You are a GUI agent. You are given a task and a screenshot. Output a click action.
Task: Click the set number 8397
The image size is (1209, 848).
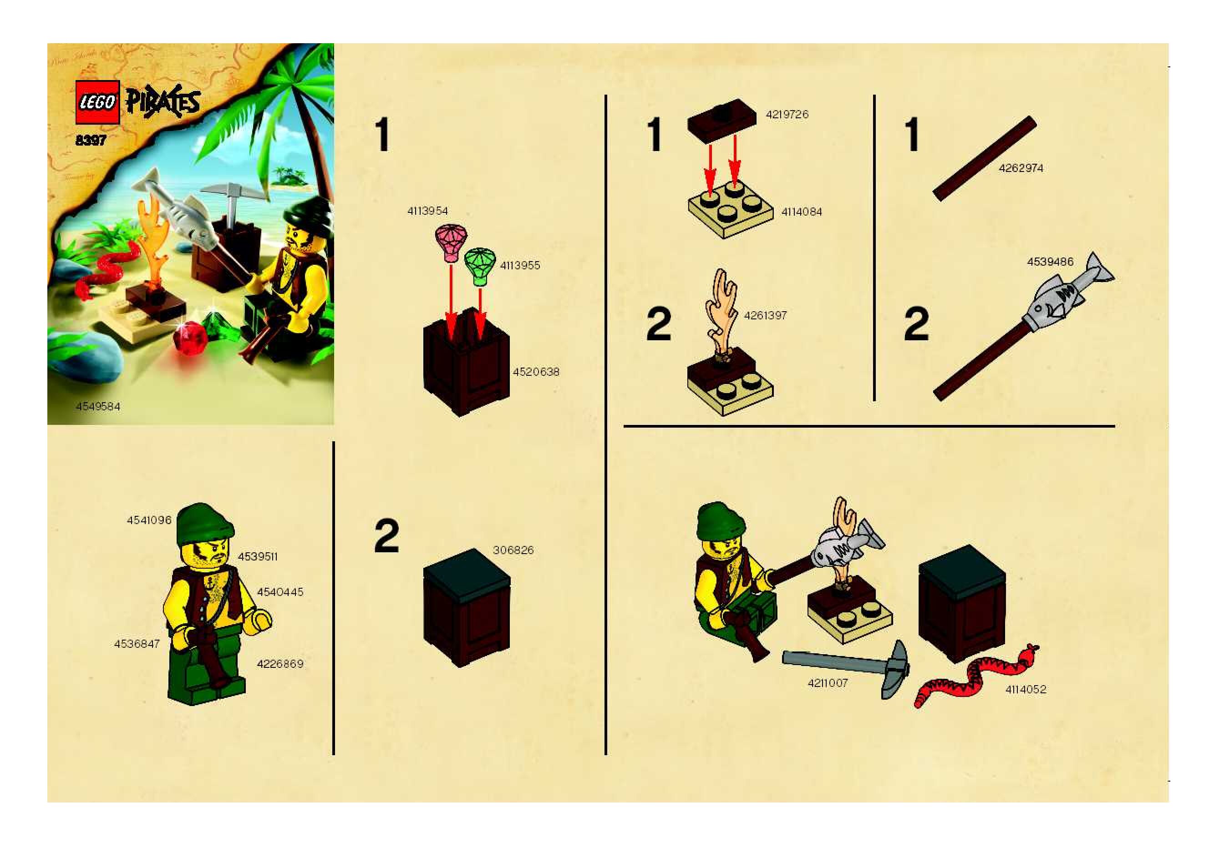91,141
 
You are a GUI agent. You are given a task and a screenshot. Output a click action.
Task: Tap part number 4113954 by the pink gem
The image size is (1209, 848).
427,211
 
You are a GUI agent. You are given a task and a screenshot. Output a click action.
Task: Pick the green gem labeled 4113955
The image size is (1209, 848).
480,266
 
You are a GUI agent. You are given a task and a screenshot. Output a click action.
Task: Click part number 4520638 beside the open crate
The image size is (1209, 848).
536,372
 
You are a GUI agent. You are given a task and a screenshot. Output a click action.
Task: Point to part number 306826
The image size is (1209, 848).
513,550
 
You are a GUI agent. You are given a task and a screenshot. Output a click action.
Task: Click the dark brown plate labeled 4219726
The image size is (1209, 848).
721,120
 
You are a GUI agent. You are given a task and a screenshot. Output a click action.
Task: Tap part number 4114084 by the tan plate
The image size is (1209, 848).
802,212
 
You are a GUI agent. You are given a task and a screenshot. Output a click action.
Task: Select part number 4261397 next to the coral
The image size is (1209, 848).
765,316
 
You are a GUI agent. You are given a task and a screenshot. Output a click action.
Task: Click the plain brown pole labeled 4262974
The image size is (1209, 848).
985,158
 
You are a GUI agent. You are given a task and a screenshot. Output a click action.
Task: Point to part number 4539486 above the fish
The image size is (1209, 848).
1050,262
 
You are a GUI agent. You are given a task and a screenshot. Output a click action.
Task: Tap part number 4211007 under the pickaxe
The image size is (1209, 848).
828,683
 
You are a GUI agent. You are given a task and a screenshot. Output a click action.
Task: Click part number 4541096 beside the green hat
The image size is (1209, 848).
149,520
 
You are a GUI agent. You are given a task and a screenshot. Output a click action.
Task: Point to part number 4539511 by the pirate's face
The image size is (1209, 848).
258,557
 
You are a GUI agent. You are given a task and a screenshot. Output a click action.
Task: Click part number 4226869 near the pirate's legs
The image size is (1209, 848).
280,664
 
